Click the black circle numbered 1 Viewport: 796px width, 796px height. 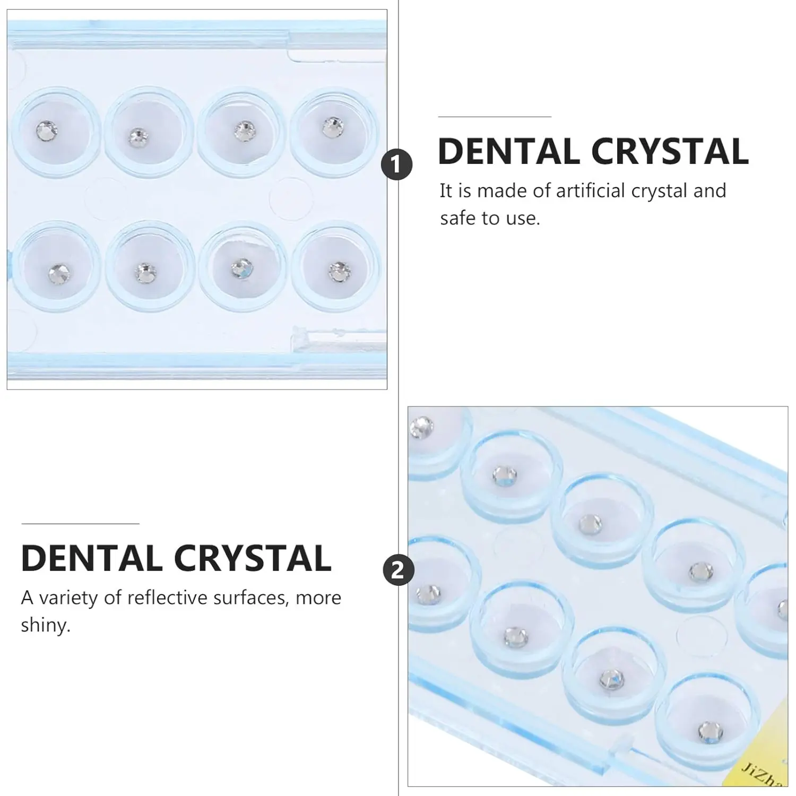click(397, 165)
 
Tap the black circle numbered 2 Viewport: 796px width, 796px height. click(397, 570)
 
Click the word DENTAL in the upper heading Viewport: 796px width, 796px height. click(509, 152)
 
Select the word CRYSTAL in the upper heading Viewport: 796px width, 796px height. click(669, 152)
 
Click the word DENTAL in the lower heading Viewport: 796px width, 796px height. click(92, 558)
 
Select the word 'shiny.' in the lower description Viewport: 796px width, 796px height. click(46, 625)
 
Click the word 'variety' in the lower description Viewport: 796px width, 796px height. click(68, 598)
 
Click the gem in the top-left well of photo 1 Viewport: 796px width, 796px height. click(47, 129)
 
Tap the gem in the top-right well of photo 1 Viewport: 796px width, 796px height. click(333, 126)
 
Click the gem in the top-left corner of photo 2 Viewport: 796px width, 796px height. click(421, 427)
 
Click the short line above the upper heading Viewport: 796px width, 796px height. click(495, 116)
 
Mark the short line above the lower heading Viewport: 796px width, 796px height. click(80, 524)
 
